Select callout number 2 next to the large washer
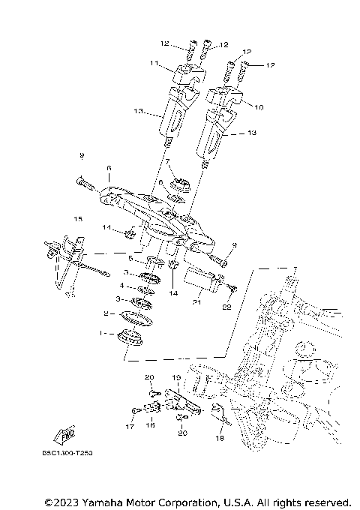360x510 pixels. point(106,313)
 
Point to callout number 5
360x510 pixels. point(130,258)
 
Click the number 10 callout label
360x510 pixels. point(259,107)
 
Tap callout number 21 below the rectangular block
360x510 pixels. point(196,302)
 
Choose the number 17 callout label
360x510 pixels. point(128,427)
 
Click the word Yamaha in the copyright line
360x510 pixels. point(103,501)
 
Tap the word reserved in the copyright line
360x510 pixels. point(325,501)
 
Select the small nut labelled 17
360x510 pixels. point(133,411)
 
